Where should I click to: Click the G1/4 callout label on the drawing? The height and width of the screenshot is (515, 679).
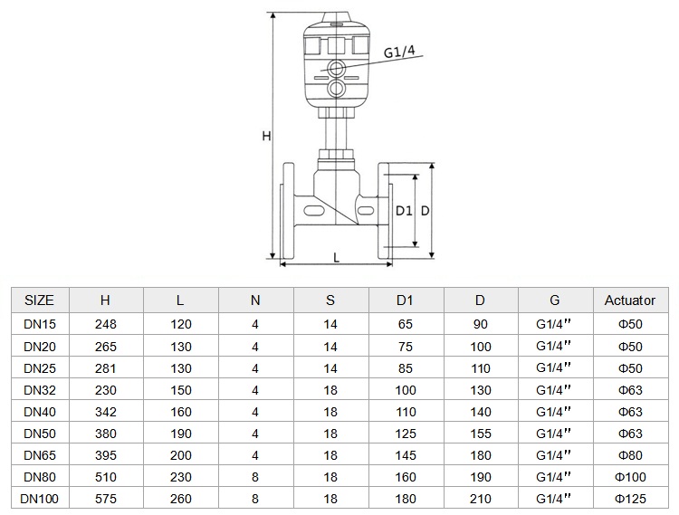[399, 52]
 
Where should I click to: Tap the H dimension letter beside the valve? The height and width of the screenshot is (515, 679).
[266, 136]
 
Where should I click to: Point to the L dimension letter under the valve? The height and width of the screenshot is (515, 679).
[337, 258]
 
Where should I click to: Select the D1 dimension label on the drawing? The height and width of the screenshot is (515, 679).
[404, 211]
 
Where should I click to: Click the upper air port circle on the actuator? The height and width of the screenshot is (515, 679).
[336, 68]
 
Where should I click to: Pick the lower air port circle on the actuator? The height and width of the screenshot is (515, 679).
[336, 89]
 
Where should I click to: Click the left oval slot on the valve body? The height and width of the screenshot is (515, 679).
[314, 210]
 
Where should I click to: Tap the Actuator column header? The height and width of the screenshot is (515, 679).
[630, 300]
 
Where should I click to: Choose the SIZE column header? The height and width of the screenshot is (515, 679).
[40, 300]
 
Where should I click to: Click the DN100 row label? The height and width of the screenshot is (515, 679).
[40, 499]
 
